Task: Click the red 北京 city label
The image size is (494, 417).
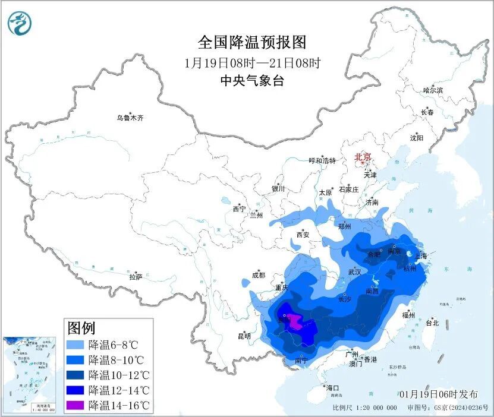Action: coord(363,157)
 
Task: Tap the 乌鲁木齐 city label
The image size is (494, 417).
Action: coord(130,118)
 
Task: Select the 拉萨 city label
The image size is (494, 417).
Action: coord(136,277)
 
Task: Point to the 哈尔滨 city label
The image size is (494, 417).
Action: coord(433,90)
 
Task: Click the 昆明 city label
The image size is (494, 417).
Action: coord(244,336)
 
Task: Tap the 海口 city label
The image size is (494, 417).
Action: coord(333,388)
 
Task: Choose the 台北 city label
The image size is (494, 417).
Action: coord(432,323)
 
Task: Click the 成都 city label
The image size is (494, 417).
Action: coord(258,275)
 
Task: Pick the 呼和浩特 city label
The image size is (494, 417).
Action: coord(322,161)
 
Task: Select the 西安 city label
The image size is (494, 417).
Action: coord(303,235)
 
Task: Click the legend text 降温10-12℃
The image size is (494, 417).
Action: coord(117,375)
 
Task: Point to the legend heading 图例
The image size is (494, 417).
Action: coord(81,327)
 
